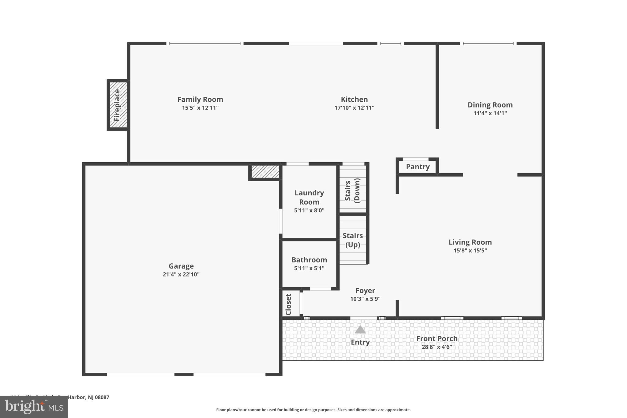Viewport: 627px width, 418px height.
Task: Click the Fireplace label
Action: (x=117, y=105)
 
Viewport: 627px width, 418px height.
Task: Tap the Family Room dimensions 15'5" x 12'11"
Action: (x=200, y=108)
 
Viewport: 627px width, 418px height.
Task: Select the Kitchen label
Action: (x=354, y=100)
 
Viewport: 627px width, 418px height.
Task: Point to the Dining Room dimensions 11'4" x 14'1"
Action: (x=490, y=113)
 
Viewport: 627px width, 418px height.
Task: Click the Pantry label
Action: (x=418, y=167)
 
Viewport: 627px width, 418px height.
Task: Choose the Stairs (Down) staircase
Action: (x=353, y=190)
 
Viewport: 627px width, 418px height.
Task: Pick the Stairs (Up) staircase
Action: (x=353, y=240)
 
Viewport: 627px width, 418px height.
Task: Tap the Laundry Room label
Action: (x=309, y=198)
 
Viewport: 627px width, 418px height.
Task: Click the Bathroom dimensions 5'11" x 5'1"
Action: (x=309, y=268)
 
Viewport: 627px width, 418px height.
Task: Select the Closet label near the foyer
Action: (x=288, y=304)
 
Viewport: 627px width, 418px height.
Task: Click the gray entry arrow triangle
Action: (x=360, y=330)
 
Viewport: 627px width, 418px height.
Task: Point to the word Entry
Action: (x=360, y=342)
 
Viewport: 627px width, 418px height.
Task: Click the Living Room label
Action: (x=470, y=242)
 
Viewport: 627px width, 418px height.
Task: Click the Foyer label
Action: (x=365, y=291)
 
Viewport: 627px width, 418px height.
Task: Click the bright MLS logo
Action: (x=34, y=407)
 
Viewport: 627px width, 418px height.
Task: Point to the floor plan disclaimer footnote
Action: (x=313, y=410)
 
